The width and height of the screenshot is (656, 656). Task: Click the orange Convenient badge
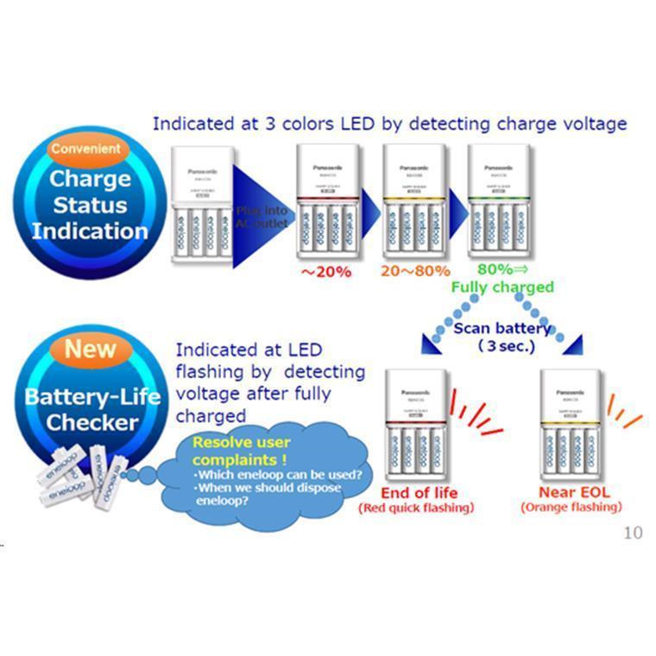(x=85, y=149)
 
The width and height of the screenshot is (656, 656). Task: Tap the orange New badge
(x=91, y=350)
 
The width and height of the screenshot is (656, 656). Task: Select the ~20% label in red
(x=325, y=271)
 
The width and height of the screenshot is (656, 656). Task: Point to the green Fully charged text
(x=503, y=287)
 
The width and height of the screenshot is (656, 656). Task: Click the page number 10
(x=633, y=533)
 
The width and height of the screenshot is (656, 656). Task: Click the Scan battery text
(x=502, y=328)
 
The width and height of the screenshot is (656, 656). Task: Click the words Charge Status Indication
(x=90, y=205)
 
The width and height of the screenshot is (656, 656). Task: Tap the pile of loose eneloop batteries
(x=81, y=477)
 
